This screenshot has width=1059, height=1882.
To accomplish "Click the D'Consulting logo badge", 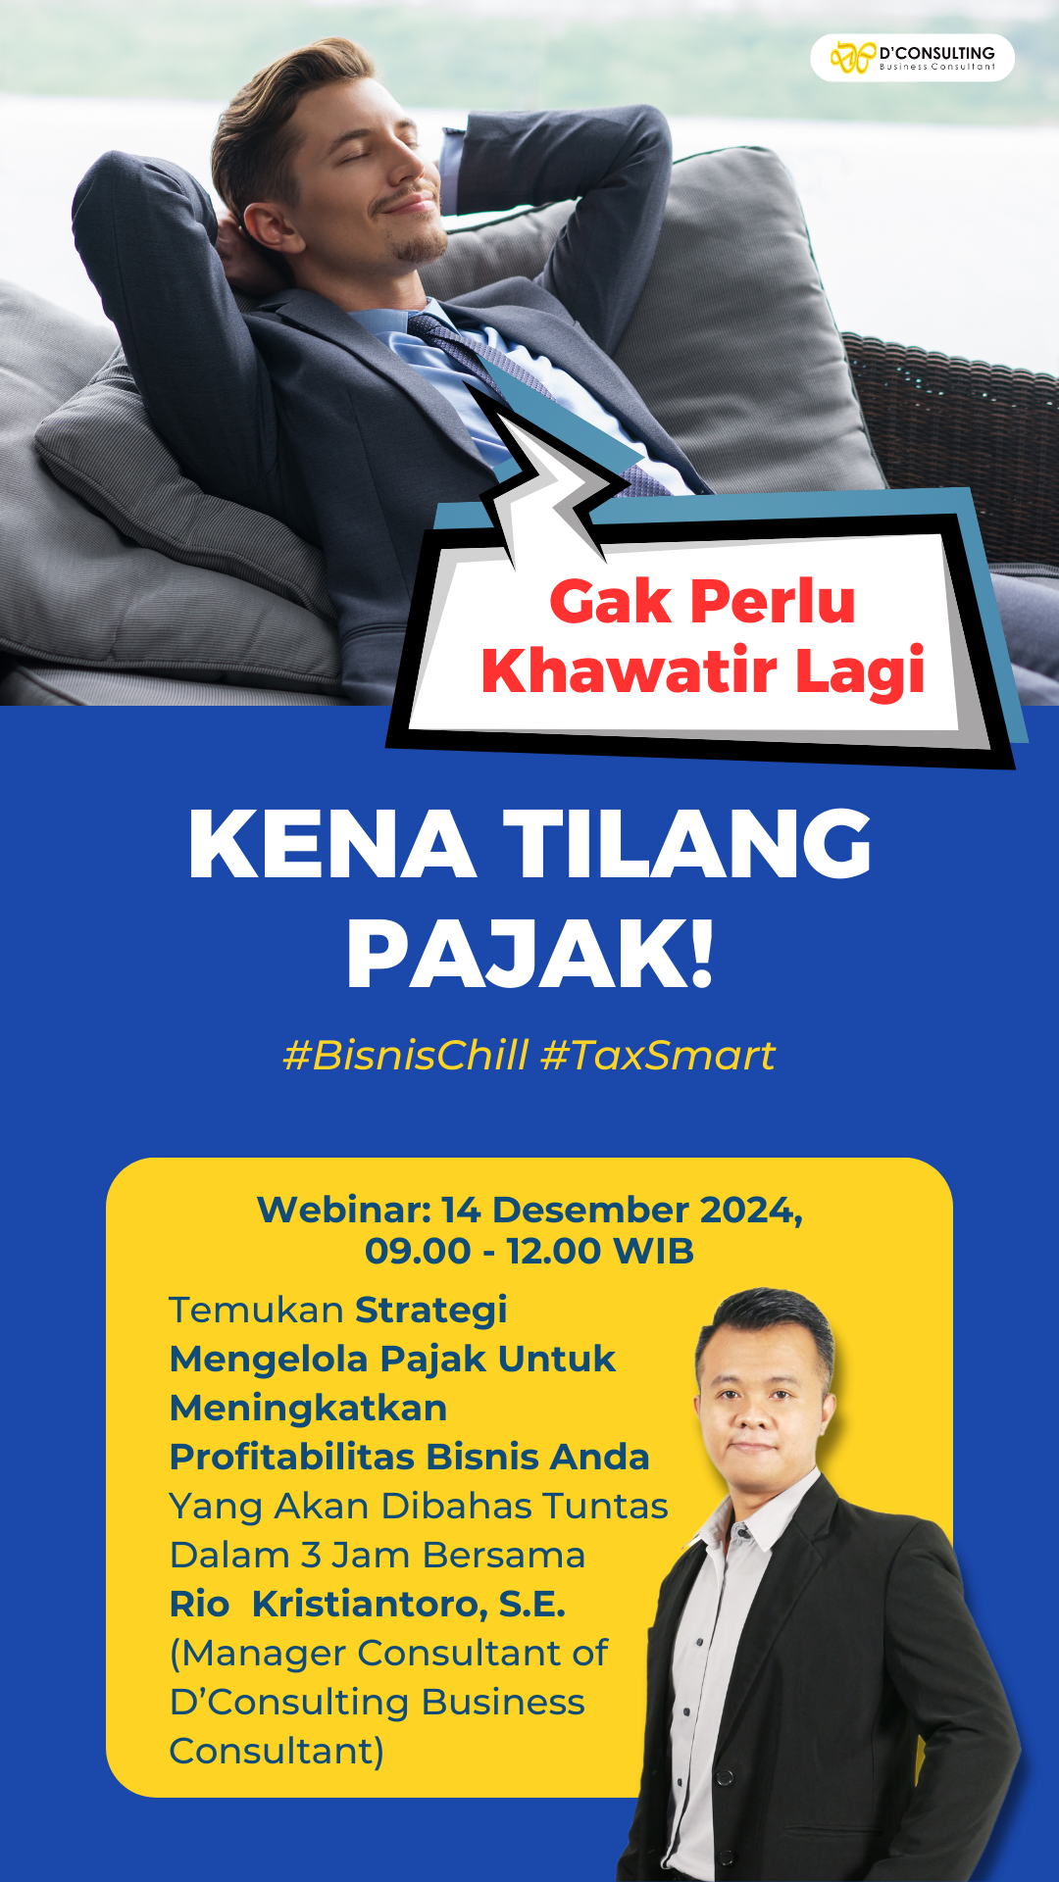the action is tap(912, 58).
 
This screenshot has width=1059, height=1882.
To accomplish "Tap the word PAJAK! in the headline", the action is tap(530, 956).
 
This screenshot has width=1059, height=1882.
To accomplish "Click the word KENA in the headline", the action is tap(331, 844).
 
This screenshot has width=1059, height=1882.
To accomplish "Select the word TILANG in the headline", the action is tap(687, 844).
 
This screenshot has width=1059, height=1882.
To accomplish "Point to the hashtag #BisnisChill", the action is tap(406, 1055).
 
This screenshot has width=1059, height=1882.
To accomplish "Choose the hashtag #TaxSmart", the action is tap(658, 1055).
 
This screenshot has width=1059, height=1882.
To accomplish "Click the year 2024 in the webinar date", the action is tap(749, 1212).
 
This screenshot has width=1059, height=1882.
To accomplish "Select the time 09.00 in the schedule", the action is tap(418, 1252).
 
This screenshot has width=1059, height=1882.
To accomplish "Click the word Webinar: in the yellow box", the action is tap(344, 1211).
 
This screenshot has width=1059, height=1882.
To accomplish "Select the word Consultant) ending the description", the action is tap(277, 1752).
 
